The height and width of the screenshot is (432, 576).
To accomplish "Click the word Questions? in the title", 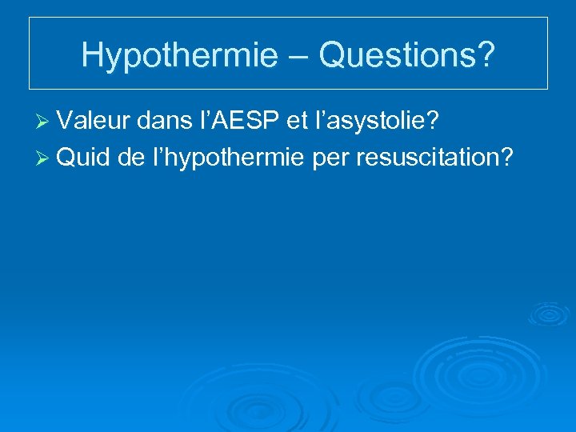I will click(406, 54).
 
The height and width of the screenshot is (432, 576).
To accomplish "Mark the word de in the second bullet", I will click(130, 157).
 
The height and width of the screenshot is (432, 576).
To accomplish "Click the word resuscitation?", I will click(434, 158).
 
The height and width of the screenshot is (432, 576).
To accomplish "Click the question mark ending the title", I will click(486, 54).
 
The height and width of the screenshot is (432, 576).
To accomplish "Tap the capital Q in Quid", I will click(66, 157).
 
